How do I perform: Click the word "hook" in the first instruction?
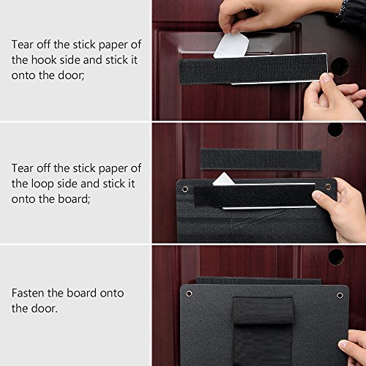click(44, 60)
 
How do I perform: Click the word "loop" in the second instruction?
click(42, 184)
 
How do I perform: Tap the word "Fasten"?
click(28, 293)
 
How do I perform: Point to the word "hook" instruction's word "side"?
click(70, 60)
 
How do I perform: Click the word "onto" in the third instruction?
click(112, 293)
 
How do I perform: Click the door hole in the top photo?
click(339, 67)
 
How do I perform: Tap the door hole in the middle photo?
click(335, 130)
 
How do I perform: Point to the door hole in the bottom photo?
click(336, 257)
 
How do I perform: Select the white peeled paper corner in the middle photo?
click(223, 179)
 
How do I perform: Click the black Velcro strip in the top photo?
click(253, 69)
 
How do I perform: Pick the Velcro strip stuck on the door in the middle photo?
click(261, 160)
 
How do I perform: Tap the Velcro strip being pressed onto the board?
click(254, 195)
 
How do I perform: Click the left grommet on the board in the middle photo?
click(185, 189)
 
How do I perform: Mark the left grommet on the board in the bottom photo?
click(189, 294)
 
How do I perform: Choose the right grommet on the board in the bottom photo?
click(340, 296)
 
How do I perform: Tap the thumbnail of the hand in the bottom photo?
click(343, 345)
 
